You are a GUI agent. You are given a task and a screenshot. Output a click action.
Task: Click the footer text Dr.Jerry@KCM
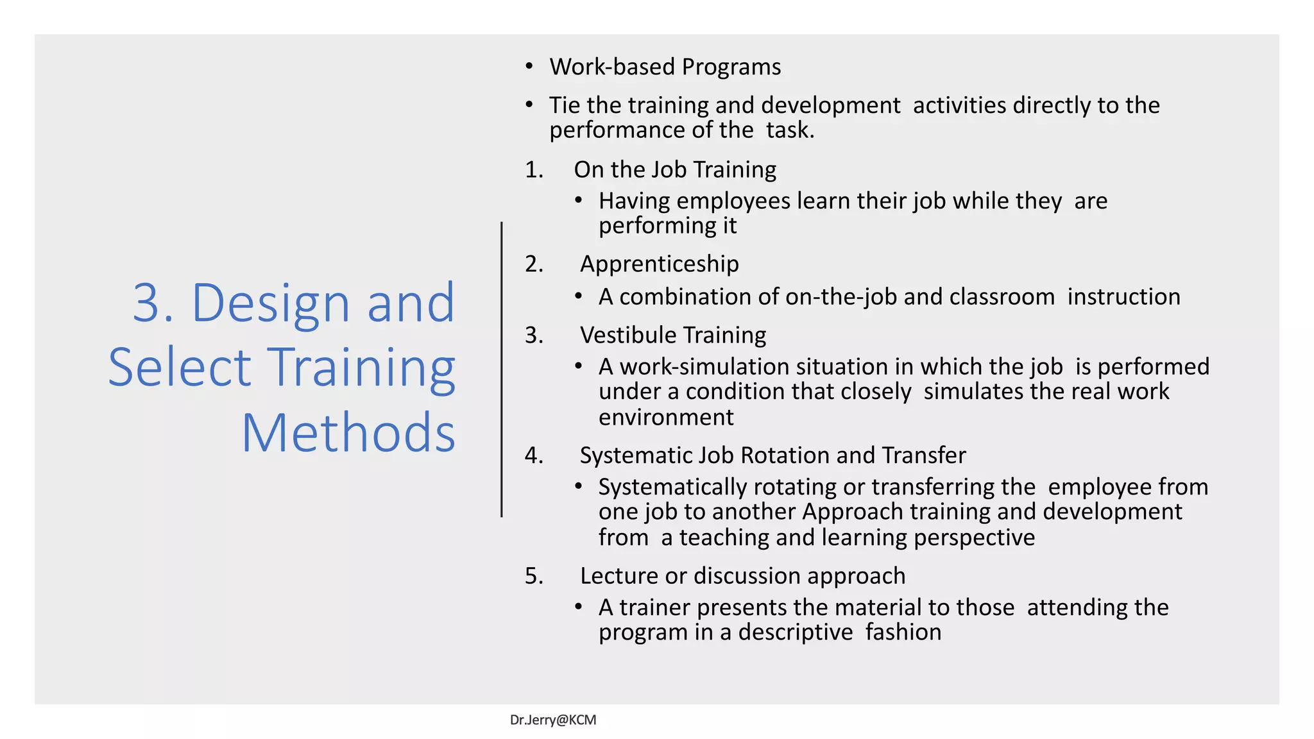pos(552,720)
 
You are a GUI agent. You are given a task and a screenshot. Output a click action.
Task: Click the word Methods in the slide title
pos(348,433)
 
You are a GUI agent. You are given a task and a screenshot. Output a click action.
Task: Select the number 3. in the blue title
pos(153,303)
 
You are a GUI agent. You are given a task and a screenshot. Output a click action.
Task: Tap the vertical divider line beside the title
pos(502,369)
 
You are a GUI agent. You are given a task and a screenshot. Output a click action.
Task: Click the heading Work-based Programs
pos(665,67)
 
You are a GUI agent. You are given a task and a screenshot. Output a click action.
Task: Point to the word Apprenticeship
pos(659,264)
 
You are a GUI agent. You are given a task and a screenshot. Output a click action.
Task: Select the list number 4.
pos(533,455)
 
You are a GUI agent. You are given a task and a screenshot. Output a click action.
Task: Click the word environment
pos(665,417)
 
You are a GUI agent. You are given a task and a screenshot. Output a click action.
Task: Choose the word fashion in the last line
pos(903,632)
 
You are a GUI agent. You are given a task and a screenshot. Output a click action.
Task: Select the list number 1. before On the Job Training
pos(533,169)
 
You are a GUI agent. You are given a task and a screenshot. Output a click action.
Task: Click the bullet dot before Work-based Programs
pos(529,67)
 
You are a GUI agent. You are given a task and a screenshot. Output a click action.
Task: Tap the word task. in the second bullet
pos(790,130)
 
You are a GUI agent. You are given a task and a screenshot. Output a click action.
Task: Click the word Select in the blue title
pos(179,368)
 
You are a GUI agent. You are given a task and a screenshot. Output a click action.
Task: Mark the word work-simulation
pos(704,366)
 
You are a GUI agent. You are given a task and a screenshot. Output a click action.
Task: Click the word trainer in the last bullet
pos(654,607)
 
